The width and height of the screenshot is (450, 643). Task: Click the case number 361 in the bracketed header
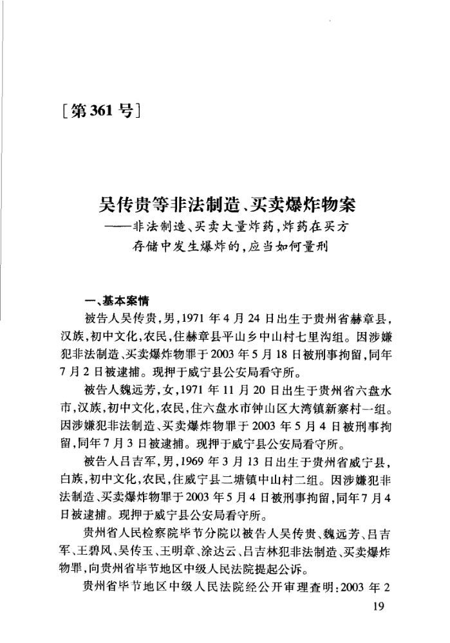click(x=98, y=111)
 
